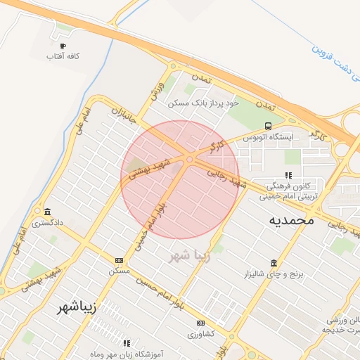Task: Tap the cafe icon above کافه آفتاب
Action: tap(63, 46)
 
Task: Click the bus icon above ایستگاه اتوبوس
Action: tap(267, 127)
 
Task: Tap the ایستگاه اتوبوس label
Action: tap(267, 138)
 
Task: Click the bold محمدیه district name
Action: tap(290, 220)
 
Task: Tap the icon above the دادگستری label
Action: tap(47, 212)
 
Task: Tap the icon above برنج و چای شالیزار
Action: tap(272, 262)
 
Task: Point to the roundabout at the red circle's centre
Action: tap(189, 160)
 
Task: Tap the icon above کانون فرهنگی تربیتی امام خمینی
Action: tap(288, 175)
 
